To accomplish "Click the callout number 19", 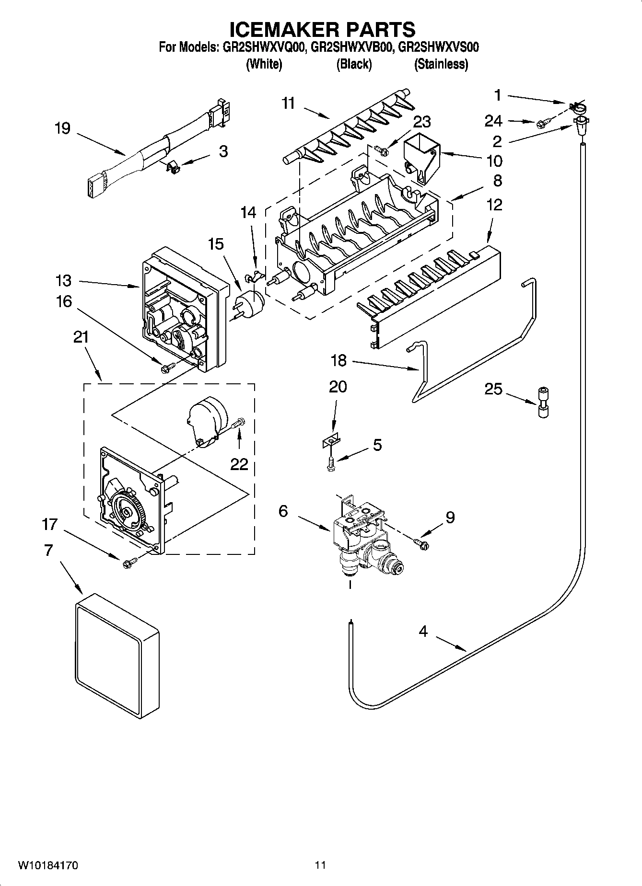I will (62, 128).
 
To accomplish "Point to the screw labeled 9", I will (422, 543).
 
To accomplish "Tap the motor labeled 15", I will (251, 303).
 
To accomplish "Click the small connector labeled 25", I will (543, 403).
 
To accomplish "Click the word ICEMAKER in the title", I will (280, 30).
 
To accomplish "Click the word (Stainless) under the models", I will (441, 64).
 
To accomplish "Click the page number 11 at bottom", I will (320, 865).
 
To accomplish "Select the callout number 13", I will (63, 280).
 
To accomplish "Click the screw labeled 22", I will (239, 424).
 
